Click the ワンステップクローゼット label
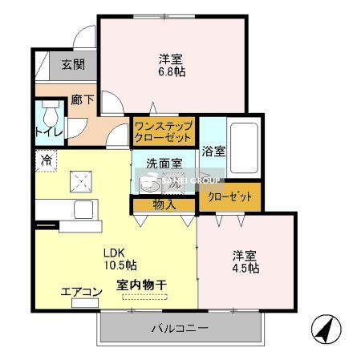click(x=164, y=131)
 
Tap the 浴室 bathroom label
click(x=213, y=151)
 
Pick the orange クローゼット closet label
click(x=230, y=196)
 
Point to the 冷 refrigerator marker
click(x=47, y=159)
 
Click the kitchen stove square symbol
click(x=81, y=182)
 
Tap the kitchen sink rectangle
click(x=83, y=210)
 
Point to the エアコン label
click(x=80, y=293)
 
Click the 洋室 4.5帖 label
click(x=245, y=261)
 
